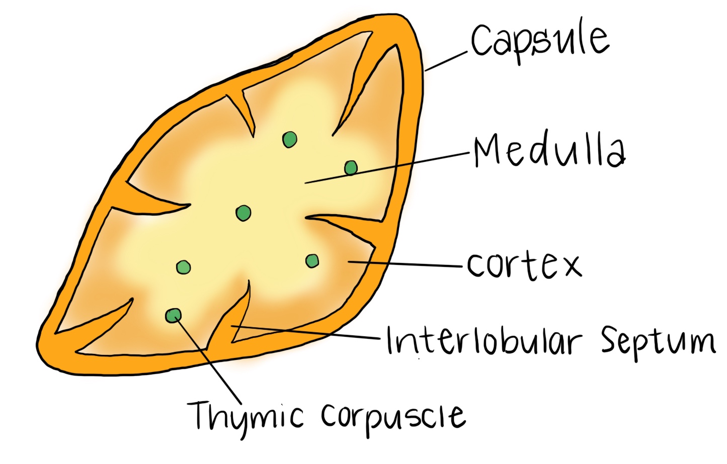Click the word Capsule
pos(539,41)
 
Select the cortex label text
pos(524,265)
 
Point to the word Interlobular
pos(483,341)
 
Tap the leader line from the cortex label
pos(408,264)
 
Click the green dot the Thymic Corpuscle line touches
pos(173,315)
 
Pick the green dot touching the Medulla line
pos(351,167)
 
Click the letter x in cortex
pos(571,266)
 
